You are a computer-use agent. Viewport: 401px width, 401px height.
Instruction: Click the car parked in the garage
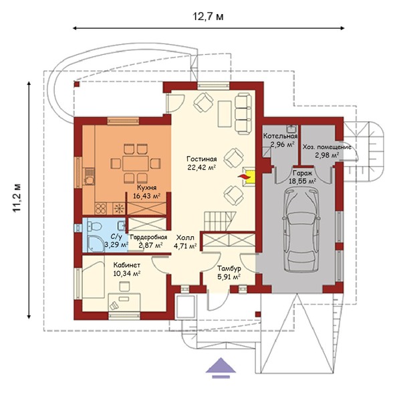pyautogui.click(x=301, y=230)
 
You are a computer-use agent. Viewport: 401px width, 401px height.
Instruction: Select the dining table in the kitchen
pyautogui.click(x=135, y=163)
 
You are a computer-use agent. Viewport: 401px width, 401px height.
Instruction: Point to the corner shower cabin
pyautogui.click(x=96, y=244)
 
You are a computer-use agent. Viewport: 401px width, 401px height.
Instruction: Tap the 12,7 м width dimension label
pyautogui.click(x=208, y=17)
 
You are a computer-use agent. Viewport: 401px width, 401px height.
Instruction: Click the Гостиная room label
pyautogui.click(x=202, y=159)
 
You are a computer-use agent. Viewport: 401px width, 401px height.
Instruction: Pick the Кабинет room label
pyautogui.click(x=127, y=264)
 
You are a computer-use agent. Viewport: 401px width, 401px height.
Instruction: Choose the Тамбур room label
pyautogui.click(x=229, y=268)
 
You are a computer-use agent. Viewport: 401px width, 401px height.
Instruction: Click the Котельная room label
pyautogui.click(x=281, y=136)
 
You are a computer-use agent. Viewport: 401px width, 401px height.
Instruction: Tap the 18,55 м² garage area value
pyautogui.click(x=302, y=181)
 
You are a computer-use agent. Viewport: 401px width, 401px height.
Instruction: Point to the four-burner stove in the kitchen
pyautogui.click(x=100, y=209)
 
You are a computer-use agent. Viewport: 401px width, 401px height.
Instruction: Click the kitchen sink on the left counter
pyautogui.click(x=89, y=176)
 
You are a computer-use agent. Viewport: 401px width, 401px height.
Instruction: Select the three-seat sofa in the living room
pyautogui.click(x=243, y=114)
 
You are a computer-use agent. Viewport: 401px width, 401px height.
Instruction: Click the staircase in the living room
pyautogui.click(x=220, y=222)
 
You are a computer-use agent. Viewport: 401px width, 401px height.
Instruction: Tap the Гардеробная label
pyautogui.click(x=148, y=237)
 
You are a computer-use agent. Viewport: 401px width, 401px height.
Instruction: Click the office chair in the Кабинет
pyautogui.click(x=124, y=287)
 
